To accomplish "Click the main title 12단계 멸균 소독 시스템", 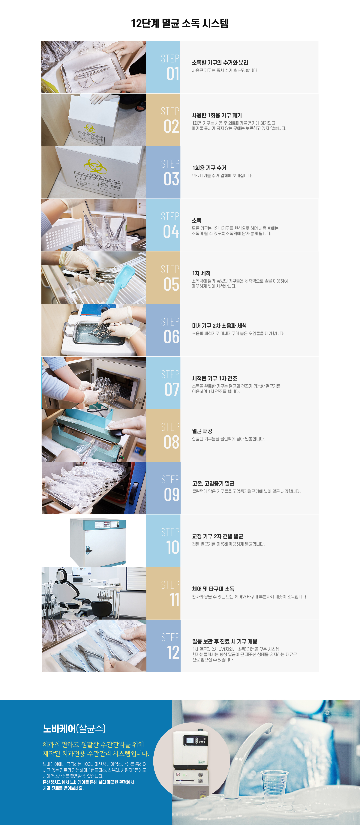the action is [180, 23].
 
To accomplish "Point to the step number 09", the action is [172, 494].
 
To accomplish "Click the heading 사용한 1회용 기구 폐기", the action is [217, 115].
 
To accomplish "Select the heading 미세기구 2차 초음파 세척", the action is [219, 326].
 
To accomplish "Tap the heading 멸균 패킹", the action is [202, 431].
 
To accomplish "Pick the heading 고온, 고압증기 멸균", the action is [213, 484].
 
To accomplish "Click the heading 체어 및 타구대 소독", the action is [213, 589].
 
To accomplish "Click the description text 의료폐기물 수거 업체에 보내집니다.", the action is [222, 175].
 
